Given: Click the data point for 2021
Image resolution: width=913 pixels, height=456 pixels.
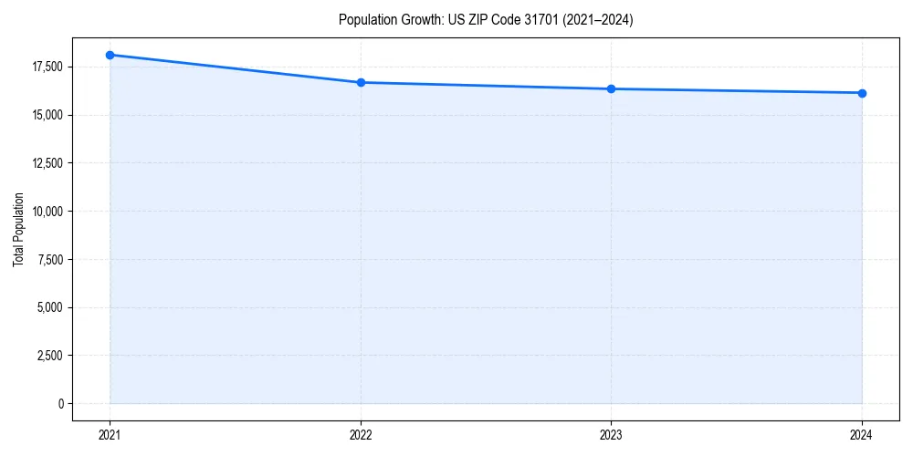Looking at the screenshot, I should click(x=110, y=55).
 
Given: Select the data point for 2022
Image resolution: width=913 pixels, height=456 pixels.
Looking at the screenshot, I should click(x=361, y=82).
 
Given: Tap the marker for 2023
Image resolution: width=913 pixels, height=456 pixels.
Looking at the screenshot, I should click(x=611, y=88).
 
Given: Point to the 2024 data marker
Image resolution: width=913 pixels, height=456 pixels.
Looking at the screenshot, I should click(x=862, y=93).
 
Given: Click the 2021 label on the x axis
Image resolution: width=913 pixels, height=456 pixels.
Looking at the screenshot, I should click(x=110, y=434).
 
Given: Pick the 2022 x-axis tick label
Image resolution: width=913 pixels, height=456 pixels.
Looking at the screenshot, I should click(x=361, y=434).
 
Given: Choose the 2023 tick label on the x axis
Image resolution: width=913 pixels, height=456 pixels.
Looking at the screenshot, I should click(x=611, y=434).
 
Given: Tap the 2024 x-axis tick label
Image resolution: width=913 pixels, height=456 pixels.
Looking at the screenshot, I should click(x=862, y=434).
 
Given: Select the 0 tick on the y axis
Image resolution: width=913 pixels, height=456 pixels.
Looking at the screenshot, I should click(x=61, y=404).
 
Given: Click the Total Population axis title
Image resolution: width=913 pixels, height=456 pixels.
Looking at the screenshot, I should click(x=18, y=229).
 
